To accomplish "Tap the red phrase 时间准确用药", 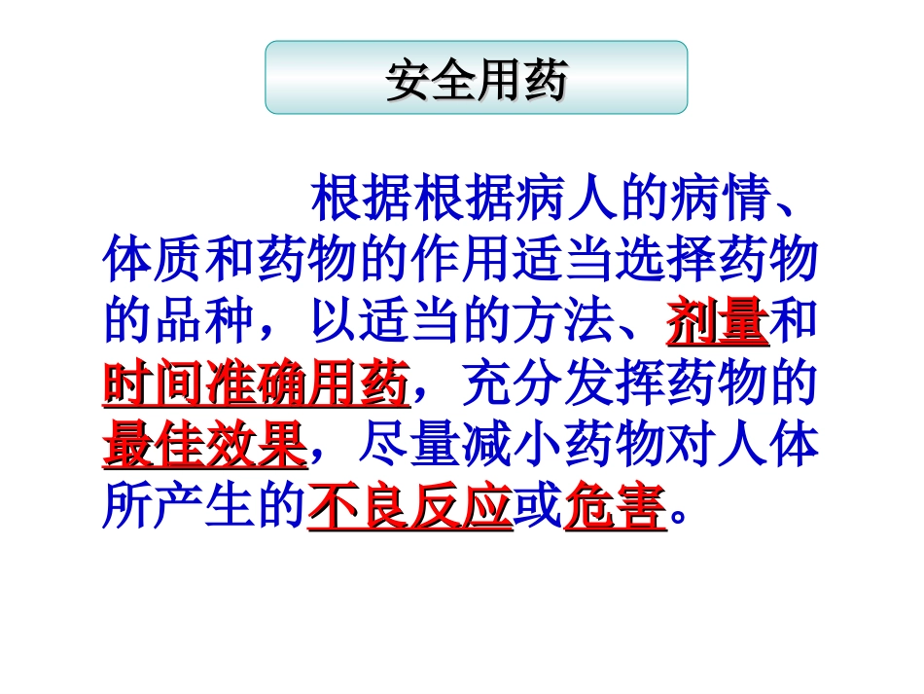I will [x=256, y=386].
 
